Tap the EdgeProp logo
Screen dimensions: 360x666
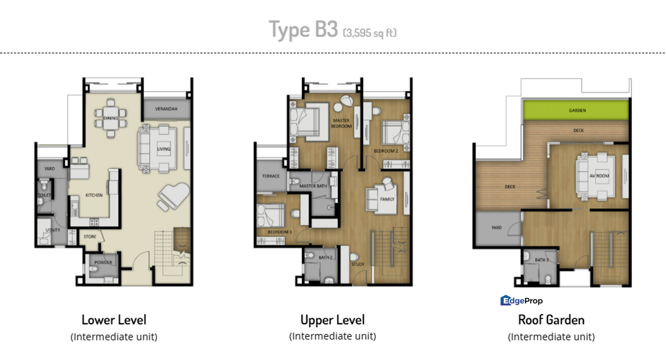pos(521,300)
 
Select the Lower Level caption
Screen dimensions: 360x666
pos(114,319)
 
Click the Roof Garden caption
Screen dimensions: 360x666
pos(551,319)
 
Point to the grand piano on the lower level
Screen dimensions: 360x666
pos(173,196)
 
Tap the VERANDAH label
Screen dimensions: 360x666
pos(166,108)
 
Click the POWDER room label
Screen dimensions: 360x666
pos(104,262)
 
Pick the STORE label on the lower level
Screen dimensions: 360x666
pos(90,236)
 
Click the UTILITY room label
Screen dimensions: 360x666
pos(53,230)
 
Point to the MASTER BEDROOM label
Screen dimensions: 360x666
pos(342,123)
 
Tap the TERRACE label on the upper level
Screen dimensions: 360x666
pos(270,176)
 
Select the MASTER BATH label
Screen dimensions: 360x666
pos(313,186)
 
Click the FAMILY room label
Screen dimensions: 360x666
pos(387,199)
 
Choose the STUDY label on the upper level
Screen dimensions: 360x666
pos(358,264)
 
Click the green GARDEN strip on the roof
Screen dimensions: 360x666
pos(576,110)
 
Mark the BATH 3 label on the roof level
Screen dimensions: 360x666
pos(541,260)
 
